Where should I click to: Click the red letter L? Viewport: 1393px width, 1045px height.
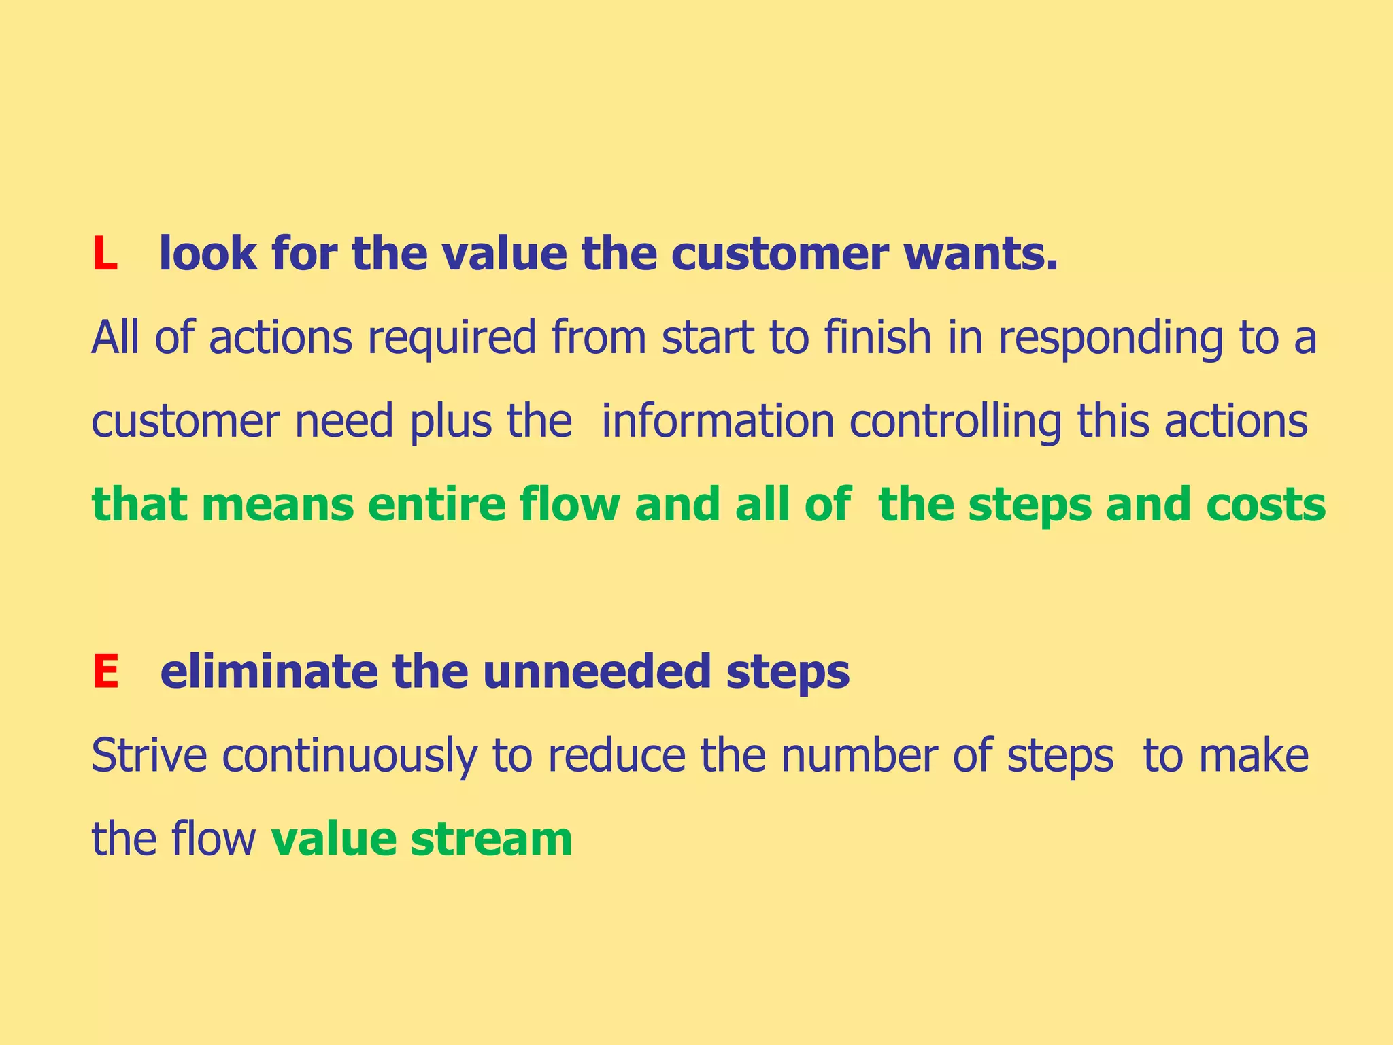(105, 254)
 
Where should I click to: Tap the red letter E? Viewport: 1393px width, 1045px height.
(105, 672)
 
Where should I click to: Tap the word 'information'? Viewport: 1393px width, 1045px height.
(718, 422)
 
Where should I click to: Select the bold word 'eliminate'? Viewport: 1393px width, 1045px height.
(268, 672)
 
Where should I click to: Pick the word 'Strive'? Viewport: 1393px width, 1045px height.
(149, 756)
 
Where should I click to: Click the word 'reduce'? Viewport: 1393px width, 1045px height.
(616, 756)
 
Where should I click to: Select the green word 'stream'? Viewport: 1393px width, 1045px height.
(491, 840)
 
